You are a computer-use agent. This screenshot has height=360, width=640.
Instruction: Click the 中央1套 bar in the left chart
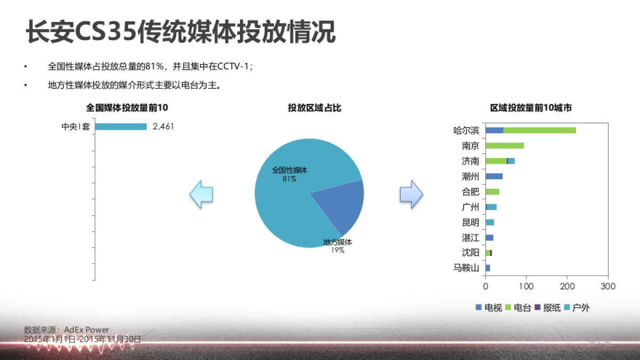[x=121, y=127]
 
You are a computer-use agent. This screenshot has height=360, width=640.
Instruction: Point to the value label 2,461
[x=163, y=127]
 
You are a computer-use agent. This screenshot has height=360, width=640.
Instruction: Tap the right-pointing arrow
[x=411, y=194]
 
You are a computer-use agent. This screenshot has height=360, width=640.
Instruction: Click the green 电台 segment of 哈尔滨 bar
[x=539, y=130]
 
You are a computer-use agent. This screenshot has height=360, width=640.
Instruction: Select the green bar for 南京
[x=505, y=146]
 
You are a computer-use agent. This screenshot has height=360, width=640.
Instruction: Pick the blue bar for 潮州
[x=494, y=176]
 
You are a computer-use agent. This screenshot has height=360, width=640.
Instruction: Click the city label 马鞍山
[x=466, y=268]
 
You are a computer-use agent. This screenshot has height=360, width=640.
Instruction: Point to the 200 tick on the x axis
[x=567, y=286]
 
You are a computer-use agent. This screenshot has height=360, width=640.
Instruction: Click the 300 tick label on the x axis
[x=608, y=286]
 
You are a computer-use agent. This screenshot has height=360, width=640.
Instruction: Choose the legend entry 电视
[x=489, y=308]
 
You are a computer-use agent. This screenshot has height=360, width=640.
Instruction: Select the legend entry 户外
[x=577, y=308]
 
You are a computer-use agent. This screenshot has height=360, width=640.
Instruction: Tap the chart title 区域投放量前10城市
[x=531, y=108]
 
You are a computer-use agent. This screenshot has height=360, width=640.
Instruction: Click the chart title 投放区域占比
[x=315, y=108]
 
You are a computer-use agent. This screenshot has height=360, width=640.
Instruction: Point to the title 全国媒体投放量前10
[x=127, y=108]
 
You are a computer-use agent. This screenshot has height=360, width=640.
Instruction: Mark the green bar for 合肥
[x=492, y=191]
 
